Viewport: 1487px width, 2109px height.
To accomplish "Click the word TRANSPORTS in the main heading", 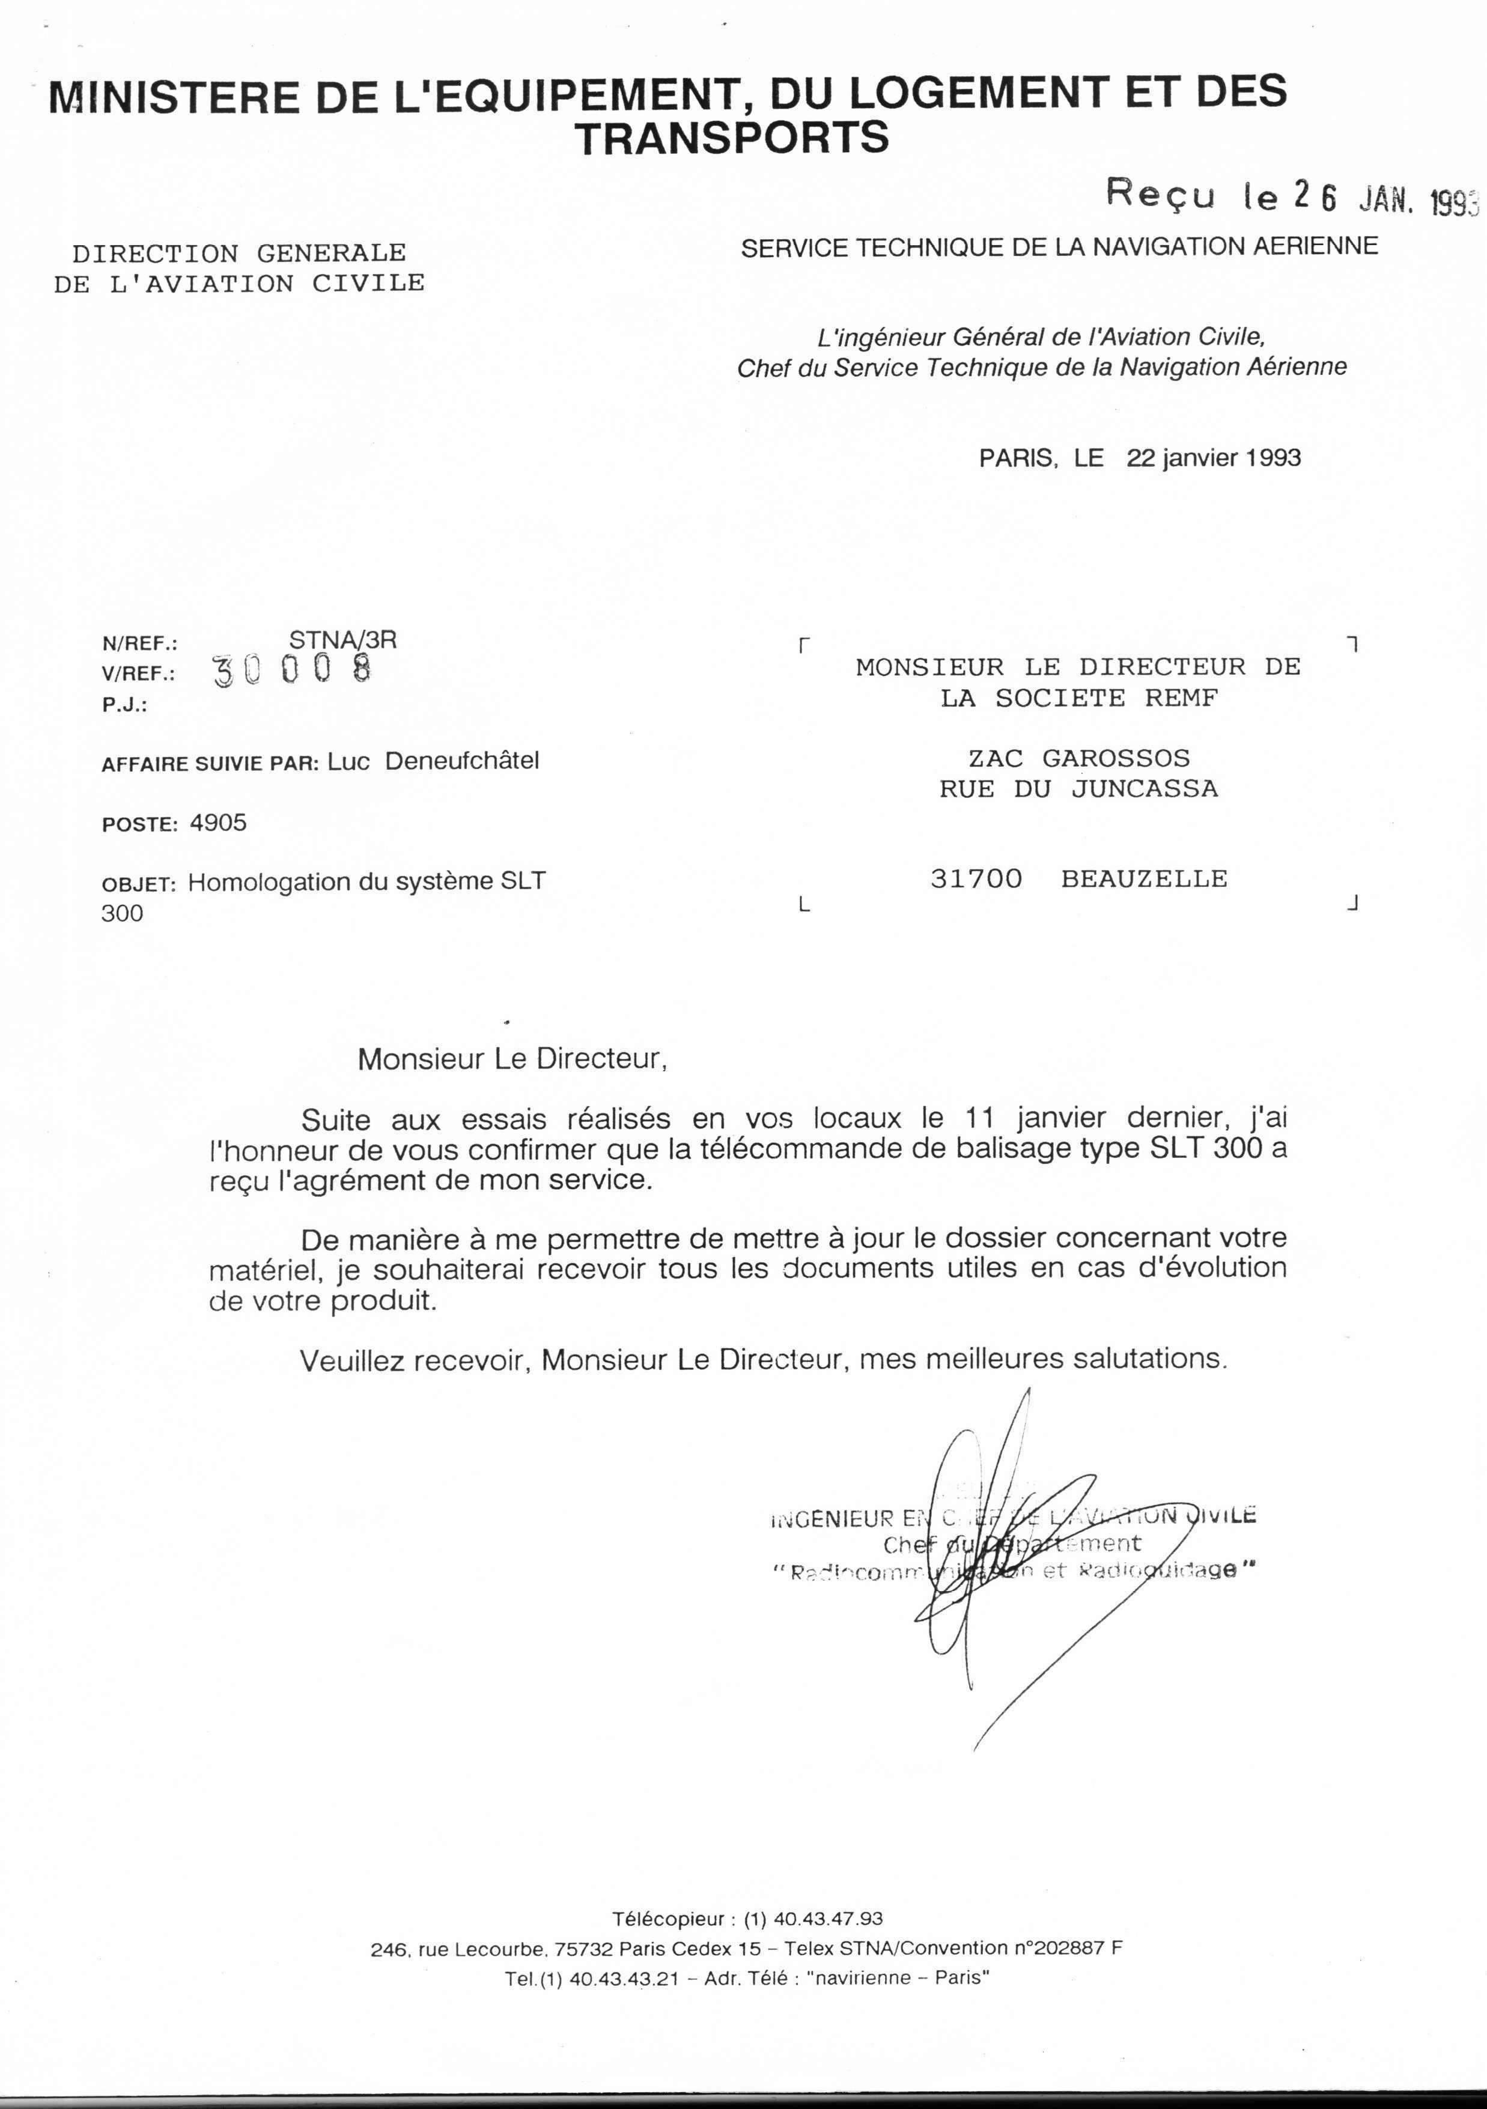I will tap(732, 138).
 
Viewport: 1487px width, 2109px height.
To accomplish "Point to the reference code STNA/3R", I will tap(342, 641).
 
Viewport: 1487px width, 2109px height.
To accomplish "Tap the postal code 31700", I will tap(976, 879).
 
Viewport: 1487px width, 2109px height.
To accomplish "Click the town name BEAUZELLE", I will tap(1143, 879).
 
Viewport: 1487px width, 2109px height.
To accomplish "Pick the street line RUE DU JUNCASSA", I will tap(1078, 789).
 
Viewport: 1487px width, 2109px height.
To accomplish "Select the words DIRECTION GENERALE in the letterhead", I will tap(239, 252).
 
